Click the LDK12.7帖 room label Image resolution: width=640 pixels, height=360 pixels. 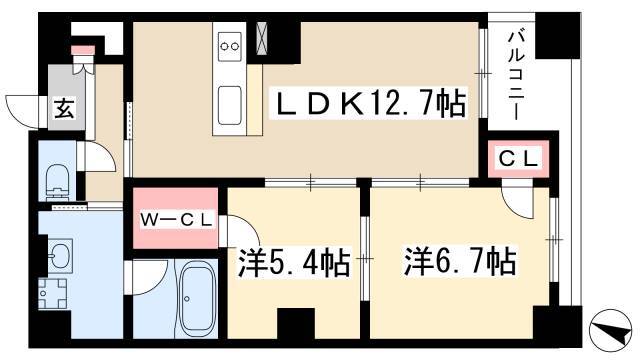[x=371, y=104]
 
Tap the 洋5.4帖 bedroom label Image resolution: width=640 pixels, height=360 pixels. [x=294, y=262]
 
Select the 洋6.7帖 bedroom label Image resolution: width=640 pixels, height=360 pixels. [x=460, y=260]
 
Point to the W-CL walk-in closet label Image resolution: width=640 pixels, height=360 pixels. [x=176, y=220]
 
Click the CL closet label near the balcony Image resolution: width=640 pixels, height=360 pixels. [x=518, y=158]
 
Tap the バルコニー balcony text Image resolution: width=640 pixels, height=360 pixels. [x=516, y=76]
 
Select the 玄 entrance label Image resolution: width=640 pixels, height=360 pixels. [x=65, y=108]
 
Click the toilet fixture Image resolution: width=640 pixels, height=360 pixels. [x=58, y=182]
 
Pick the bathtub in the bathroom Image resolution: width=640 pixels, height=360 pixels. [x=198, y=299]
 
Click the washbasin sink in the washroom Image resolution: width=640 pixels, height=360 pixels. [x=60, y=256]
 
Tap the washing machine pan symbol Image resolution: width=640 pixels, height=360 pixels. [x=53, y=293]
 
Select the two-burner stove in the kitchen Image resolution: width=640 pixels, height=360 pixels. [x=230, y=47]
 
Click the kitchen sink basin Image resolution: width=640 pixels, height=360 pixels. [x=229, y=106]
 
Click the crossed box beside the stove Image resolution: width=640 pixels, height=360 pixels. [x=262, y=38]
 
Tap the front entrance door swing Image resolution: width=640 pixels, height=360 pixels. [x=24, y=111]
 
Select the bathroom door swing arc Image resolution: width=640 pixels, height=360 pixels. [x=147, y=278]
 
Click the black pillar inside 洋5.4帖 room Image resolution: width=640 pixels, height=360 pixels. [x=296, y=323]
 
